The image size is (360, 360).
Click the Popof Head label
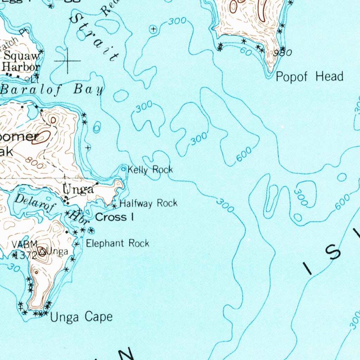pos(309,76)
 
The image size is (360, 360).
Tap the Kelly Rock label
pos(150,170)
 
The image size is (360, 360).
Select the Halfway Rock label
pos(148,203)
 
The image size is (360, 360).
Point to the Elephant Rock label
pos(117,243)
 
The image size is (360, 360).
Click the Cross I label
pos(114,217)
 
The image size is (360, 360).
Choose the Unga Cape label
pos(82,317)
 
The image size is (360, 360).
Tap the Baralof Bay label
pos(52,89)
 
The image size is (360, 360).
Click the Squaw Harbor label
pos(22,61)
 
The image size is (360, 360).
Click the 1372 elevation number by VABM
pos(23,256)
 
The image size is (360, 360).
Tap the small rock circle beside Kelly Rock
pos(123,169)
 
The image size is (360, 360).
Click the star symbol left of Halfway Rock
pos(114,205)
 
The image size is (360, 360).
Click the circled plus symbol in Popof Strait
pos(153,30)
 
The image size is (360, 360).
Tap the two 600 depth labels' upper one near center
pos(244,155)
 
